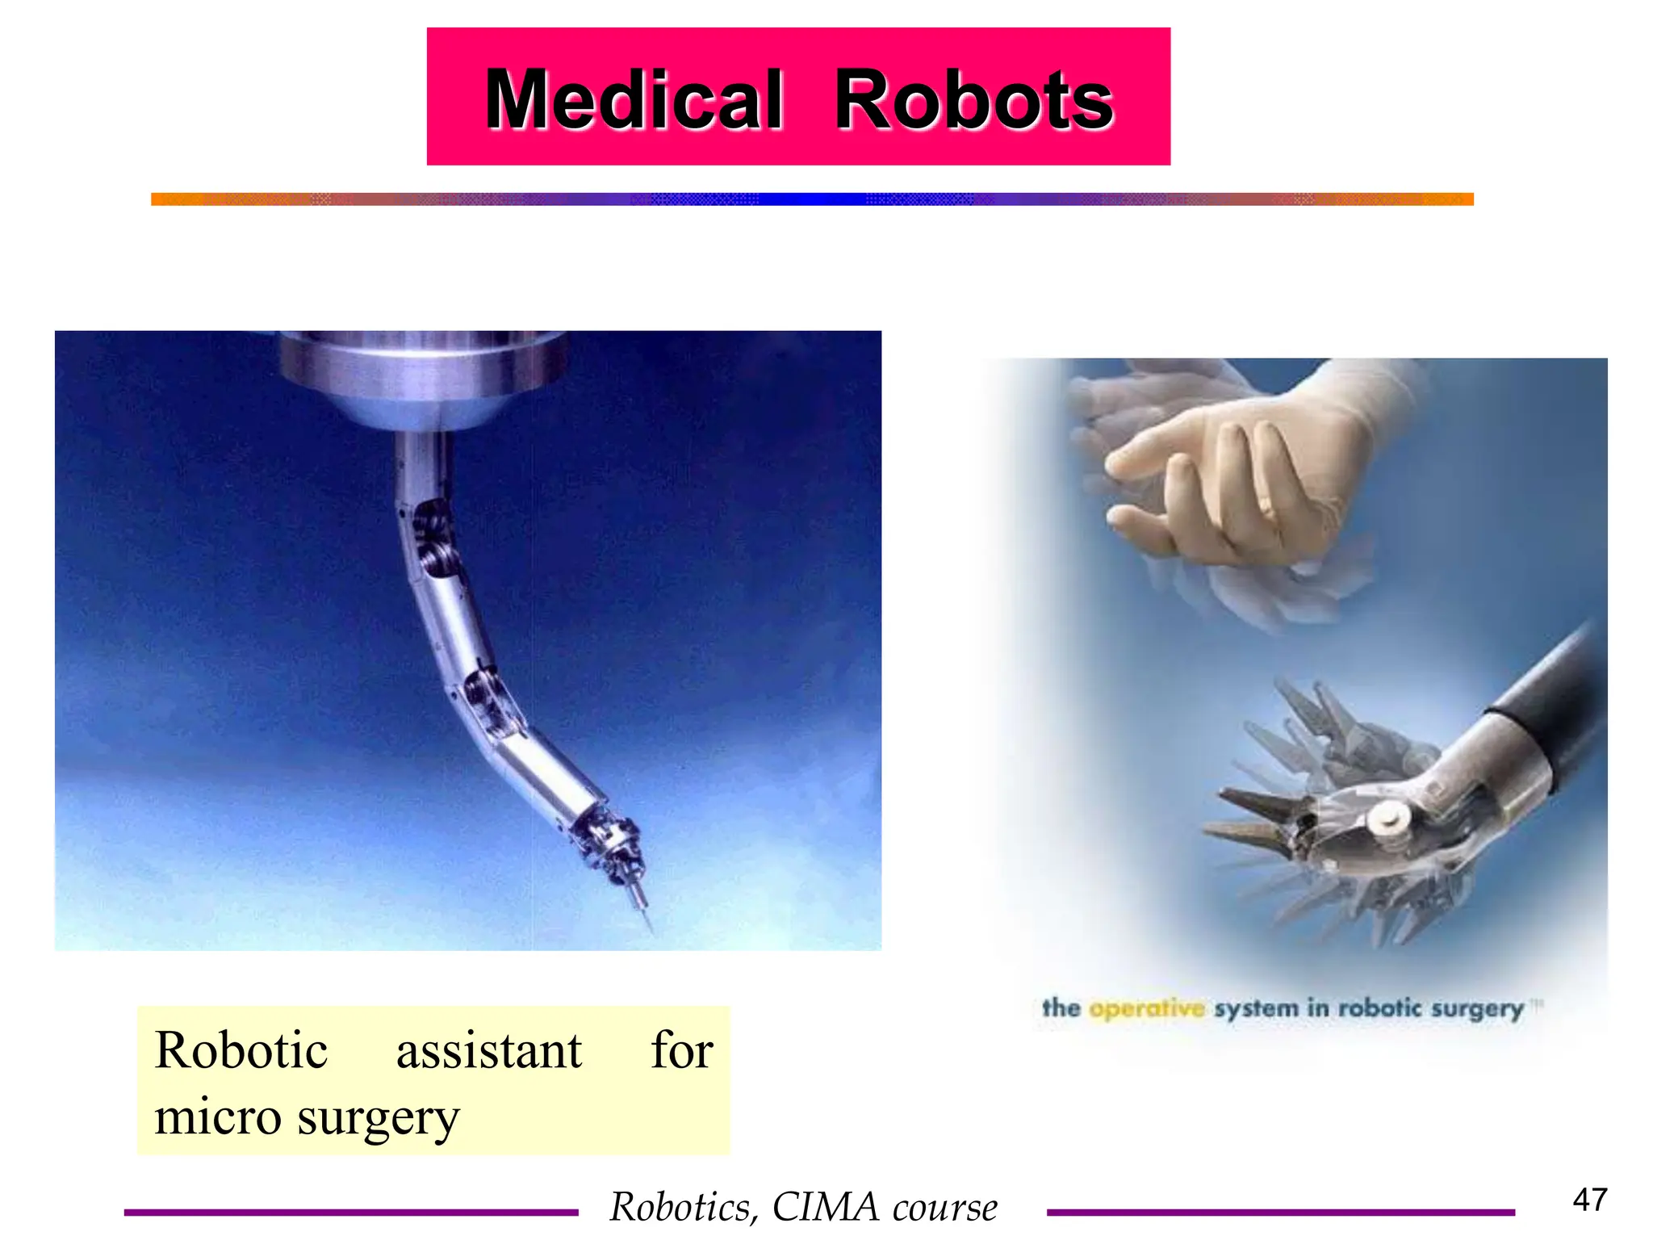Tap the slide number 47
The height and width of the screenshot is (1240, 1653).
(1589, 1200)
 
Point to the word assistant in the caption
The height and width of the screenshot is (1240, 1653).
(488, 1052)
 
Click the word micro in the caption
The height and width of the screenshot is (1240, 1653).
(218, 1118)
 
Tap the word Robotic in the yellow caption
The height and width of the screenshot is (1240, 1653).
(241, 1051)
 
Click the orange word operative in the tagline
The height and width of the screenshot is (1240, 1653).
(1146, 1009)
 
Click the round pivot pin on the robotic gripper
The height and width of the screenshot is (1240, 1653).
(1388, 819)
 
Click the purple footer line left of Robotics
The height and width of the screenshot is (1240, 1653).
(351, 1212)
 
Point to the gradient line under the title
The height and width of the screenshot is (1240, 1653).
(811, 199)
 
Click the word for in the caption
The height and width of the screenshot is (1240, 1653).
(682, 1051)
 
